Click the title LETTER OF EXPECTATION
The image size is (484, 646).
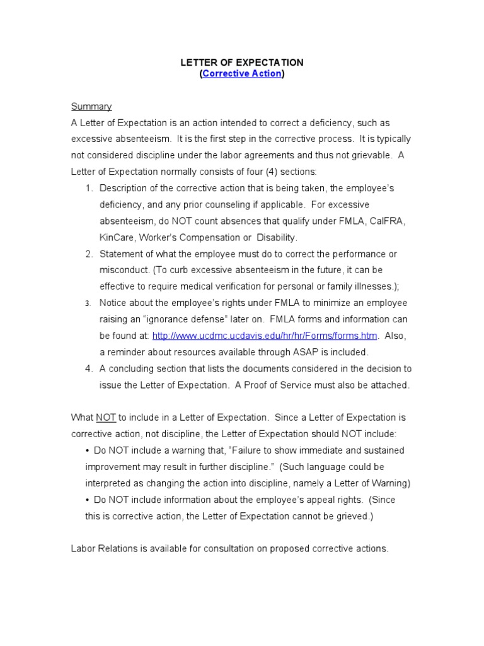(242, 62)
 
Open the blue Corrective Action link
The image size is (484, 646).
(242, 74)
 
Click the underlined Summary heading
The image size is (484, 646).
(91, 107)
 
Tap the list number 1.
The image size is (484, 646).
(88, 189)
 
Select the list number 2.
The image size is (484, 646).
(88, 254)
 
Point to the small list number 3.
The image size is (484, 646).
(88, 303)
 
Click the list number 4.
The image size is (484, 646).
(88, 369)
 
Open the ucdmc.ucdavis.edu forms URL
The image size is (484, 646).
(265, 336)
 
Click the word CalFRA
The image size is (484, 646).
(388, 221)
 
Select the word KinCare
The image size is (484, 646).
(117, 238)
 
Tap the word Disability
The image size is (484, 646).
(276, 238)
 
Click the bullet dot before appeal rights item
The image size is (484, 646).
(87, 500)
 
